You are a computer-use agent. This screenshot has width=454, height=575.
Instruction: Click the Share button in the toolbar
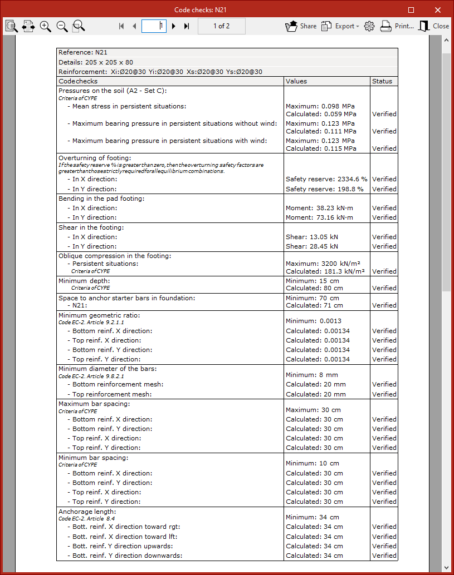pos(301,26)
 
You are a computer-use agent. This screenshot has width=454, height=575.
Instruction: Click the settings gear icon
pos(369,26)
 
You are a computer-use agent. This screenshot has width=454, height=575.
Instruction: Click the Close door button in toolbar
pos(433,26)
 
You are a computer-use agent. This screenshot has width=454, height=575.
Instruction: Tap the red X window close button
pos(438,9)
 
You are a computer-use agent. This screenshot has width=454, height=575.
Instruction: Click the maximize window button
pos(411,9)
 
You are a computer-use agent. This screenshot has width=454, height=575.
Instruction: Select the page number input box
pos(154,26)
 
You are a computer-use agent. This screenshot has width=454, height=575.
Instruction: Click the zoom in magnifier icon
pos(46,26)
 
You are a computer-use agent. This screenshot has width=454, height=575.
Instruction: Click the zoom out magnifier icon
pos(62,26)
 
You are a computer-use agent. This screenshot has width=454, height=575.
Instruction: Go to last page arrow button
pos(187,26)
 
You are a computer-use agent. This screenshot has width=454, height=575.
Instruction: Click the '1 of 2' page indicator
pos(221,26)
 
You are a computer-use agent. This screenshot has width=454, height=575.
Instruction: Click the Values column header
pos(296,81)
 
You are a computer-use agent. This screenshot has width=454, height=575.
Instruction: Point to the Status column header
pos(382,81)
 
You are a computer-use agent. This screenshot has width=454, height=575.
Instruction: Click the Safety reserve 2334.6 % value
pos(326,179)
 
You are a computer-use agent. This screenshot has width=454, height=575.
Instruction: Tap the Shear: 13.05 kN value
pos(312,236)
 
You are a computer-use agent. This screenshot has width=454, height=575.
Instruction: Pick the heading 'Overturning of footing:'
pos(95,158)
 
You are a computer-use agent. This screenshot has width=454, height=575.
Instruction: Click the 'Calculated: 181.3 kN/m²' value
pos(325,271)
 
